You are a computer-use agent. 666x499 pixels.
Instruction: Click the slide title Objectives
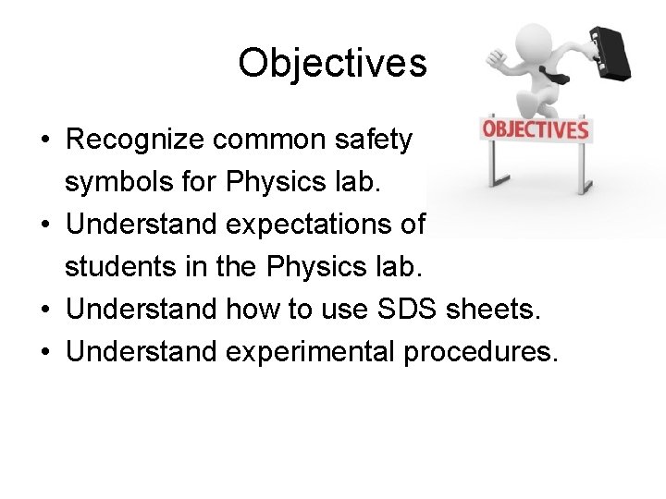[332, 64]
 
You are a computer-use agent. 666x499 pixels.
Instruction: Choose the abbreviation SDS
[400, 310]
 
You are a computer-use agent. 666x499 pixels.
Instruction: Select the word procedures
[479, 352]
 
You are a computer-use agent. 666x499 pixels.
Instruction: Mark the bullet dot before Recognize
[44, 140]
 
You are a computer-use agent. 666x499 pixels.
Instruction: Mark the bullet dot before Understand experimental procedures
[44, 353]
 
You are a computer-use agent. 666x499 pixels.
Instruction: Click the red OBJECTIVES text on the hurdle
[536, 129]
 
